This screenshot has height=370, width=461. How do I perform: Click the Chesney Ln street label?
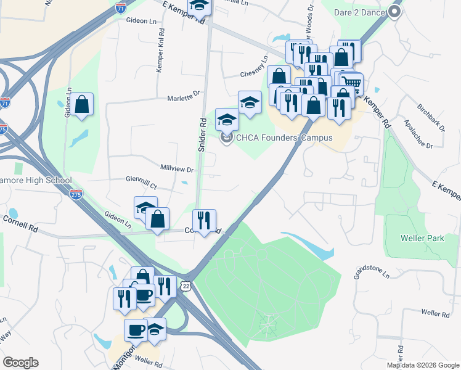[254, 68]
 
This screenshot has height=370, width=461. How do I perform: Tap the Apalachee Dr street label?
[417, 134]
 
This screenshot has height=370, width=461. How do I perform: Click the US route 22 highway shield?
[187, 284]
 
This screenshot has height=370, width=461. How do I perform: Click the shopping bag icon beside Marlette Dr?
[81, 104]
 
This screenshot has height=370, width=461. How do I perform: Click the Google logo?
[20, 363]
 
